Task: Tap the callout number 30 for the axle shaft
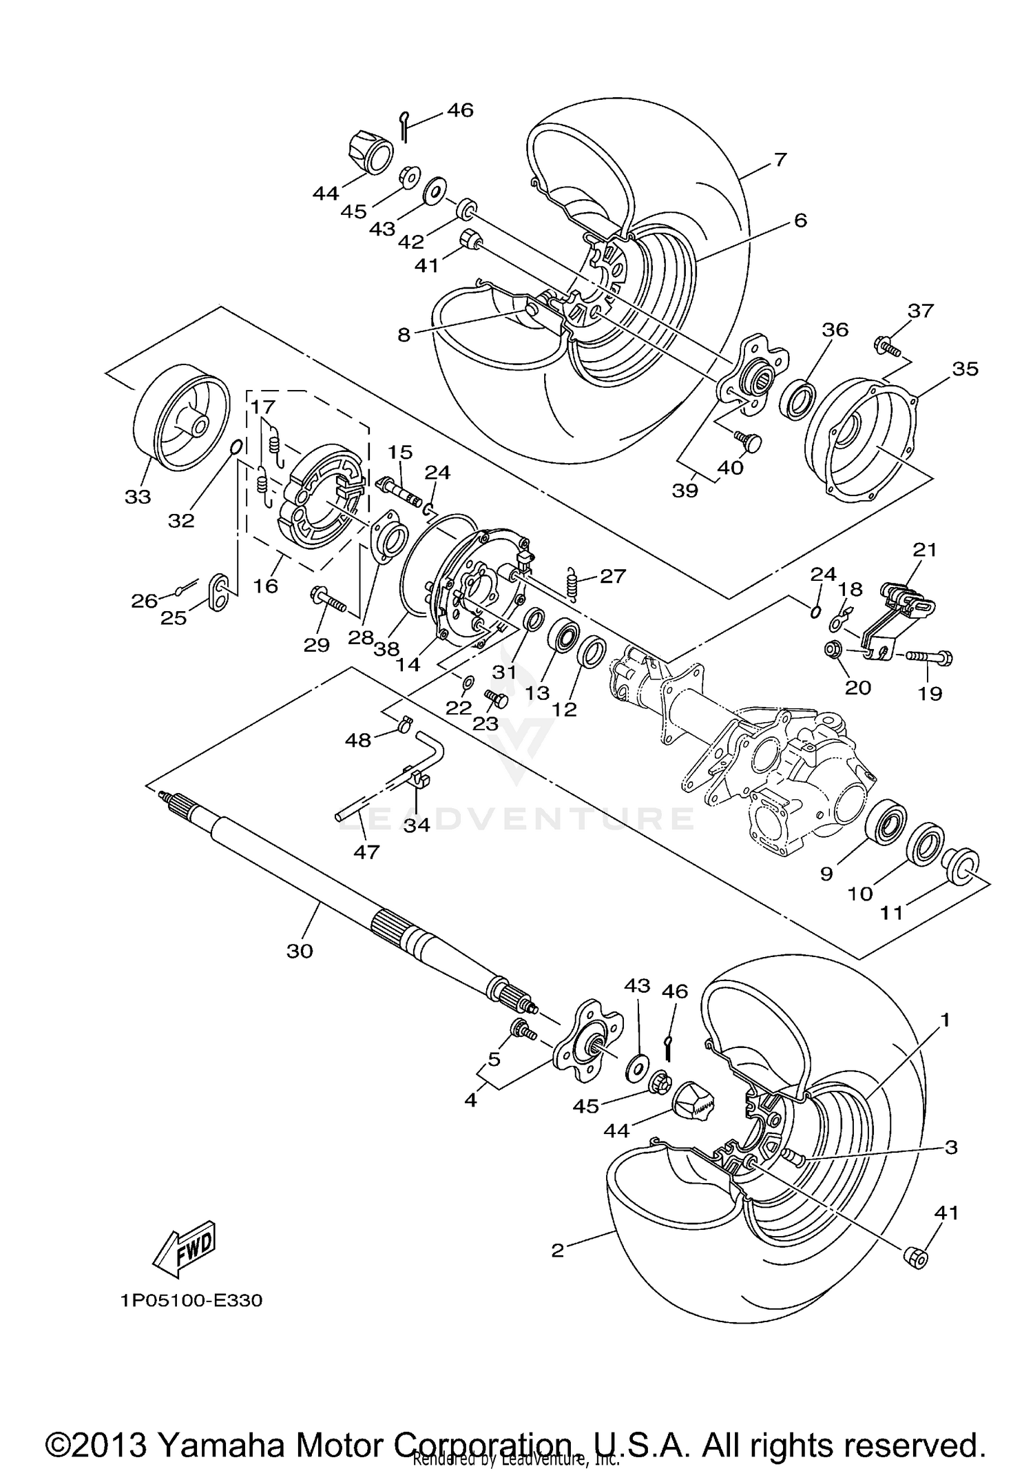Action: (x=300, y=951)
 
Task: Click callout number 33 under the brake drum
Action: (x=138, y=496)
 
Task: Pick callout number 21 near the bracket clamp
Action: (x=926, y=550)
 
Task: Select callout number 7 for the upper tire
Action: (x=779, y=160)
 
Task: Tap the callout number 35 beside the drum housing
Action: (x=965, y=369)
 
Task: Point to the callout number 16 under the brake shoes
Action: (x=266, y=586)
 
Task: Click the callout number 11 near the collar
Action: (x=892, y=913)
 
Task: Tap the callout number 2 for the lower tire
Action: (x=558, y=1251)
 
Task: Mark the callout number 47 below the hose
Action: (x=366, y=852)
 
